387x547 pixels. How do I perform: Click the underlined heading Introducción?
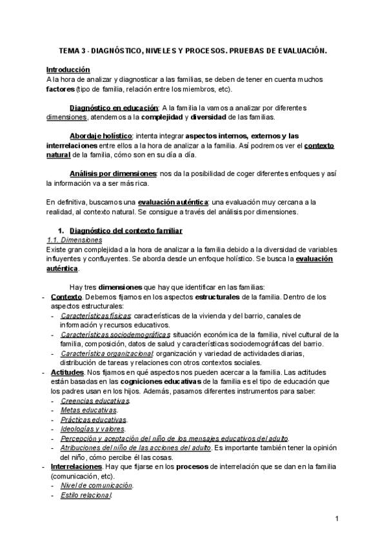[x=68, y=69]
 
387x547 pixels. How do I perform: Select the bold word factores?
[x=60, y=88]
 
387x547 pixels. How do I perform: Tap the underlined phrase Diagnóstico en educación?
[x=114, y=108]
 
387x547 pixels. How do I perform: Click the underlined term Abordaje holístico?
[x=101, y=136]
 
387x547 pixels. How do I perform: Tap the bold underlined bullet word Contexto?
[x=65, y=297]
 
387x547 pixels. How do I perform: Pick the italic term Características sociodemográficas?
[x=115, y=335]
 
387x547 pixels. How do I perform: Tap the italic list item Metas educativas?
[x=88, y=410]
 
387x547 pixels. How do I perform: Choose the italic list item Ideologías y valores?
[x=92, y=429]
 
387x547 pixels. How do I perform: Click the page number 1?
[x=337, y=519]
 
